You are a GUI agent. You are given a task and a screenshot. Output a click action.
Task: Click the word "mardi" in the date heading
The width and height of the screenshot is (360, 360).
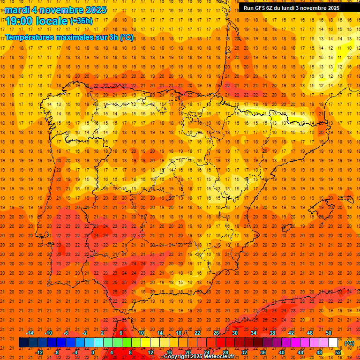click(17, 10)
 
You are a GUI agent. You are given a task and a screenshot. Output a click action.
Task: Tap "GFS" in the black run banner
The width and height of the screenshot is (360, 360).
click(262, 8)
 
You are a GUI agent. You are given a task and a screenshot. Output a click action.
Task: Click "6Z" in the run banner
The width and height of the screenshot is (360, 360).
click(273, 8)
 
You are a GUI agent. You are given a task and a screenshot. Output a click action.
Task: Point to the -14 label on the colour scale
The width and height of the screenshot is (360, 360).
click(30, 333)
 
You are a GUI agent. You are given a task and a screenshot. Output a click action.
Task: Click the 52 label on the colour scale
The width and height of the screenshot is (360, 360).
click(338, 352)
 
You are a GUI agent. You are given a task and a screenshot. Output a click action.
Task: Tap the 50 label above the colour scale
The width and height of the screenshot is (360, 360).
click(329, 333)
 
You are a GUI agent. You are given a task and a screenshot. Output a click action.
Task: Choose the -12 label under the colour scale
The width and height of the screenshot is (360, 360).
click(39, 352)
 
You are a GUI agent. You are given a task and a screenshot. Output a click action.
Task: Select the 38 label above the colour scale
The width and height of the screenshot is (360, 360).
click(272, 333)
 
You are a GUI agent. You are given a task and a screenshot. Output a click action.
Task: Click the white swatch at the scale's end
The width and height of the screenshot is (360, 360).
click(333, 343)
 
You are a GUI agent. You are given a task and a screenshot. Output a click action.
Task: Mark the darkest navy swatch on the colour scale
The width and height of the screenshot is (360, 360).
click(24, 343)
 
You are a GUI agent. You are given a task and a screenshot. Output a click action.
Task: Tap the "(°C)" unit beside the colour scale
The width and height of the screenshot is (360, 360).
click(349, 343)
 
